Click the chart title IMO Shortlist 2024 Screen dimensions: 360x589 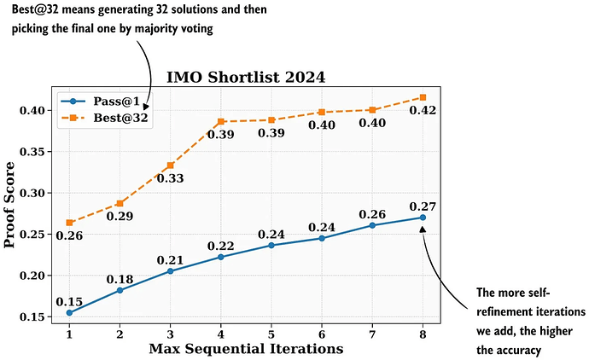246,77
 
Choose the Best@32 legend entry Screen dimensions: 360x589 116,118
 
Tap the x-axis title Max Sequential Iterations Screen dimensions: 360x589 246,348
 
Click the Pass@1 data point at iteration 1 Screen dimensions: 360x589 69,313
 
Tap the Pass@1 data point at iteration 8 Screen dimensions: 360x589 423,218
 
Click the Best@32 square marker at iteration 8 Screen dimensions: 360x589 423,97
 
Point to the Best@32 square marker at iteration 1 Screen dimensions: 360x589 69,223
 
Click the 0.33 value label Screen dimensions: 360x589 170,178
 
